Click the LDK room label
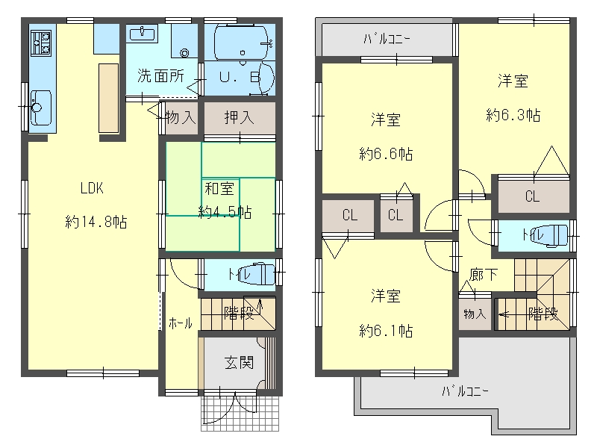click(x=92, y=188)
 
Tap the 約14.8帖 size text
click(x=96, y=221)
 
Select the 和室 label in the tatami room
click(x=219, y=189)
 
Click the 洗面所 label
click(x=160, y=76)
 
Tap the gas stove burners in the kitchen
click(x=41, y=43)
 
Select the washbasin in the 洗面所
click(x=143, y=34)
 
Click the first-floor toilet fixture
click(x=257, y=273)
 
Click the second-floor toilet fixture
click(x=551, y=235)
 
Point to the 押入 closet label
click(x=239, y=118)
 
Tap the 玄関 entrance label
click(x=239, y=363)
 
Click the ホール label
click(x=181, y=324)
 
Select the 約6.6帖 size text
click(x=386, y=154)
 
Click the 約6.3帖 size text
click(x=513, y=115)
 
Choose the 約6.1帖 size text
click(x=386, y=330)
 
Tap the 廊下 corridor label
click(x=483, y=274)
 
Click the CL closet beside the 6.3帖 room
click(x=533, y=196)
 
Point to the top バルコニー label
click(x=387, y=39)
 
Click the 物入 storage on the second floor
click(x=475, y=314)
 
